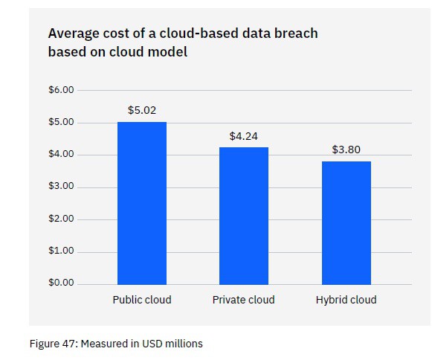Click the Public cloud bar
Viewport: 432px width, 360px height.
[141, 202]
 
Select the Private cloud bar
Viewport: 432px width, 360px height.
[243, 215]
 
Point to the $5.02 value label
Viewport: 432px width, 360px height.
[141, 110]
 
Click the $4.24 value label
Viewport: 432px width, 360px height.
[243, 136]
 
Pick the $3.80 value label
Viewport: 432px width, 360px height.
[346, 150]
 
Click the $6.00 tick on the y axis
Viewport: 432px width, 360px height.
[61, 90]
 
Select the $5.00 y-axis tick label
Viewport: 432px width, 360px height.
[61, 122]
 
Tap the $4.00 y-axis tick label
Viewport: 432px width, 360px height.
[61, 155]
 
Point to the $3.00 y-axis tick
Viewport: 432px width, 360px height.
[61, 187]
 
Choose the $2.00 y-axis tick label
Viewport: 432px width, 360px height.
[61, 219]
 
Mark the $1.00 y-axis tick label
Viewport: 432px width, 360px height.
[61, 251]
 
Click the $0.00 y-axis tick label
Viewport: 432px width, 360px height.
[61, 283]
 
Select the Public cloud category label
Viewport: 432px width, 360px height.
[141, 300]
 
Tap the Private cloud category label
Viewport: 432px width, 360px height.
[243, 300]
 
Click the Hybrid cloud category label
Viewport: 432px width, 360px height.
[346, 300]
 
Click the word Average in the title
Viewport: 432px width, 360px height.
[73, 33]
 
